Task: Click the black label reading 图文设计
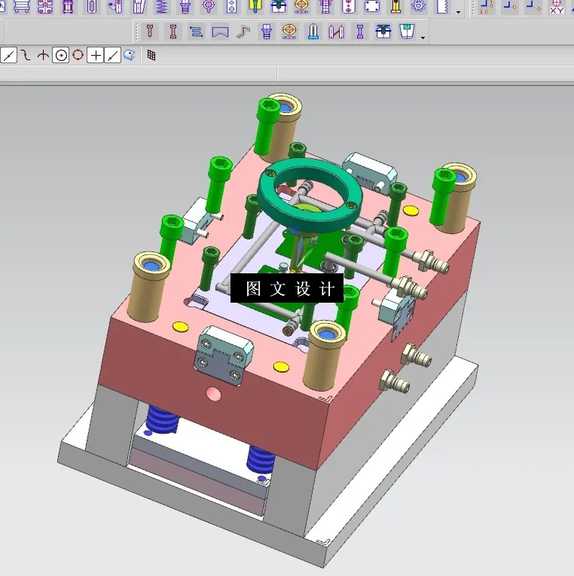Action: click(x=287, y=288)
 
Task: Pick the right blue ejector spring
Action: click(x=261, y=459)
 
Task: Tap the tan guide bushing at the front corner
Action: click(x=325, y=354)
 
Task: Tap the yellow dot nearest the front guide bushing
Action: click(x=280, y=367)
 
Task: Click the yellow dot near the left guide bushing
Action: click(x=180, y=326)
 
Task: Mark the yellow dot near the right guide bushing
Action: click(x=411, y=211)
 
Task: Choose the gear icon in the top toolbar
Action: click(x=418, y=7)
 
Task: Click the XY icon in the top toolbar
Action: click(x=556, y=7)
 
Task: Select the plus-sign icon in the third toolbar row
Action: click(x=95, y=55)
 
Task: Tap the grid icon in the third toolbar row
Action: click(x=151, y=55)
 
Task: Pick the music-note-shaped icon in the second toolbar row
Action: click(x=242, y=32)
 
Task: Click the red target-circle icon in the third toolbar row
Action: click(x=78, y=55)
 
